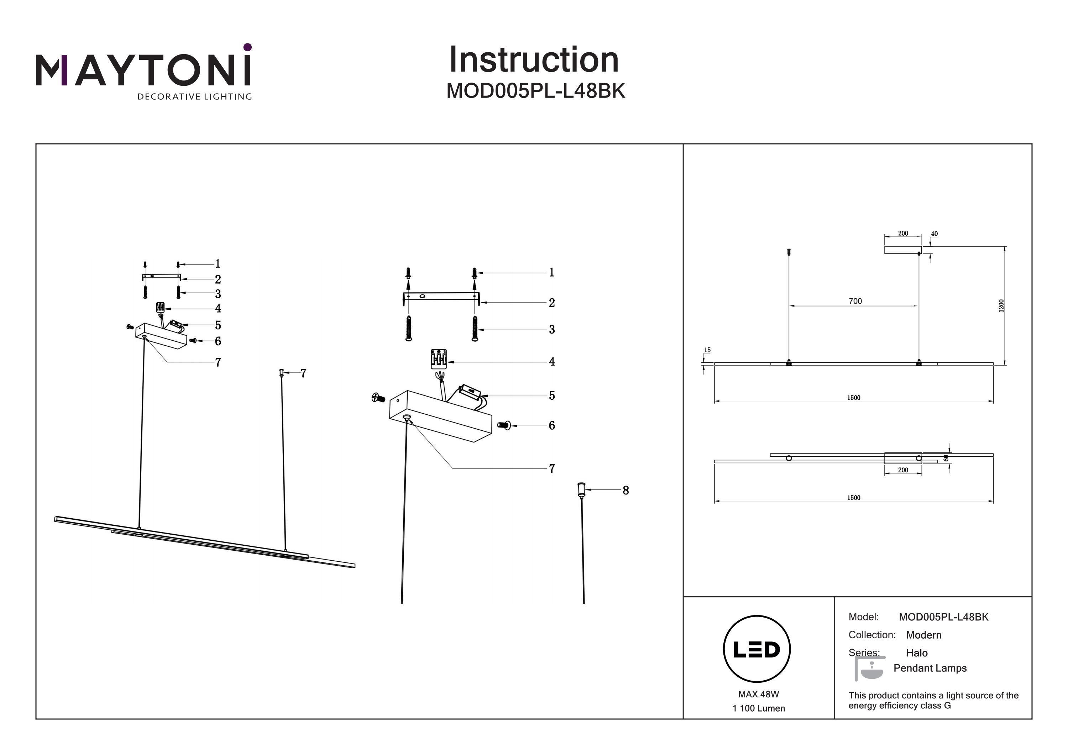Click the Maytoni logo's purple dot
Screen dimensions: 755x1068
click(x=247, y=47)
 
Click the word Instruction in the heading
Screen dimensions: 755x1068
click(x=534, y=60)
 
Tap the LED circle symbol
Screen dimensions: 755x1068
click(x=756, y=649)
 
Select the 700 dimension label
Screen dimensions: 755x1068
click(x=855, y=302)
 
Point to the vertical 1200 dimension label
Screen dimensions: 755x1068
click(x=1001, y=306)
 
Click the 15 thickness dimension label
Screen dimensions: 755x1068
click(x=707, y=350)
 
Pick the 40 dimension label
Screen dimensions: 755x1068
click(x=934, y=234)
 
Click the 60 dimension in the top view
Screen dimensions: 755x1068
click(x=946, y=458)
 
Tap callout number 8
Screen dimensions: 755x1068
click(x=625, y=490)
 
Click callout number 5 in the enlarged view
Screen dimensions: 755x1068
click(x=552, y=395)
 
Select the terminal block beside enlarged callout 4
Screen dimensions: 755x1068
click(x=439, y=359)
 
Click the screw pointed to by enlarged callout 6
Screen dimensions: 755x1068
click(x=504, y=425)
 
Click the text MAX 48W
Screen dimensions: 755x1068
click(x=758, y=694)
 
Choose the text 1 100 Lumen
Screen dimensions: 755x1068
click(x=758, y=708)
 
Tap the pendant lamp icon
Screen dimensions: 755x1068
click(x=868, y=669)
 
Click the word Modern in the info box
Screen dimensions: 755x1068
click(x=923, y=635)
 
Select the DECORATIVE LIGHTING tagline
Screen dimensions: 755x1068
click(x=194, y=97)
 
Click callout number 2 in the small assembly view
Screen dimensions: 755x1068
click(x=218, y=279)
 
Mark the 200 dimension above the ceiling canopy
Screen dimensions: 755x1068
click(x=903, y=234)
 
